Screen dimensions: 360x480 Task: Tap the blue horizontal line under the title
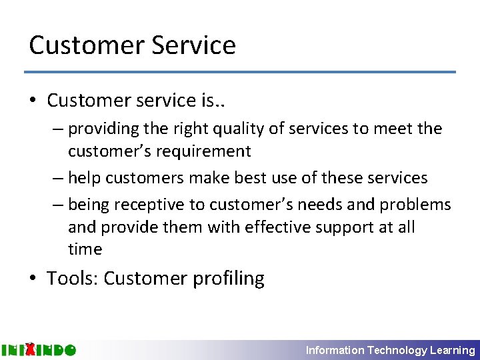pyautogui.click(x=240, y=72)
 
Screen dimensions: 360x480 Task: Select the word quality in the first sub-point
pyautogui.click(x=211, y=129)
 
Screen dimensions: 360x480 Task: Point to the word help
pyautogui.click(x=85, y=178)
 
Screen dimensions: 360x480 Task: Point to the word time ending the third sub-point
pyautogui.click(x=85, y=249)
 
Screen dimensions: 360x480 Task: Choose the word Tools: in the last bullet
pyautogui.click(x=73, y=278)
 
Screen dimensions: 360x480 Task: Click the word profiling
pyautogui.click(x=229, y=278)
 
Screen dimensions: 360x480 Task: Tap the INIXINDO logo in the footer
pyautogui.click(x=39, y=349)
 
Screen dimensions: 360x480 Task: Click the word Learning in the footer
pyautogui.click(x=453, y=350)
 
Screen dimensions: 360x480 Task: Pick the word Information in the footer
pyautogui.click(x=335, y=350)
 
